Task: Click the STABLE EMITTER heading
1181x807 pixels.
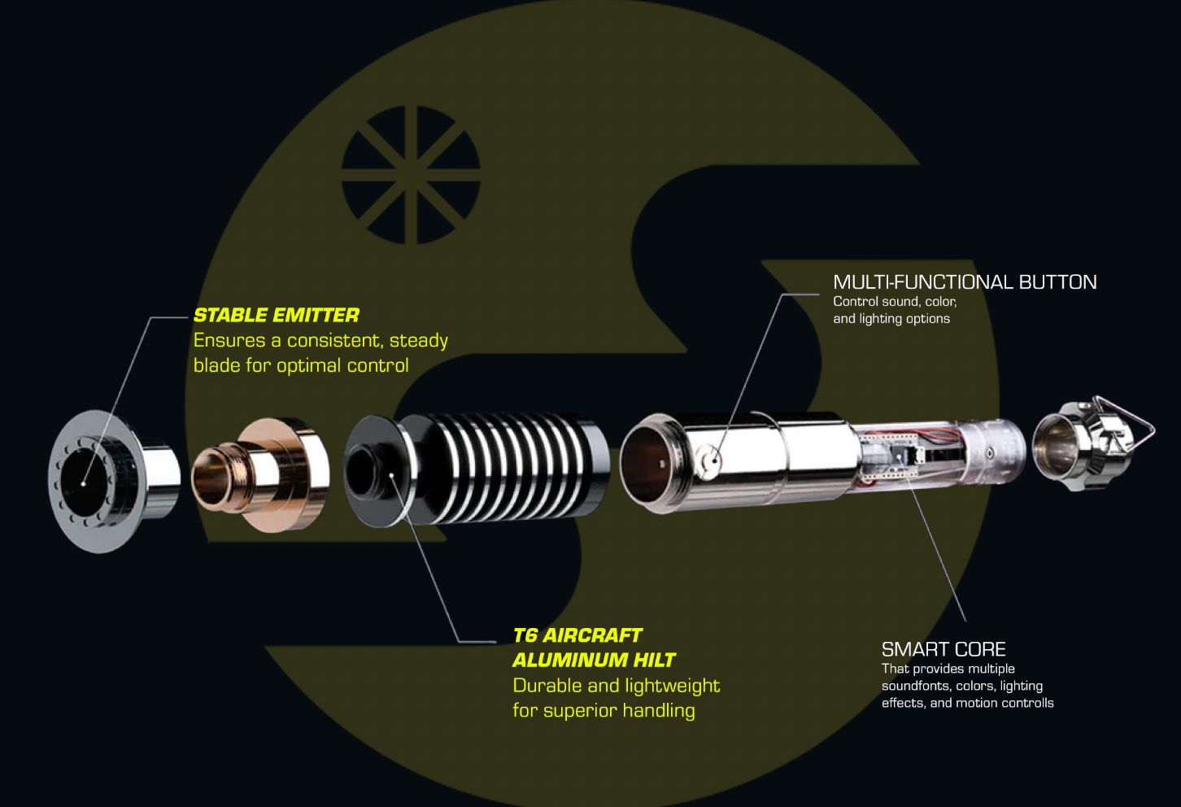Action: click(x=277, y=316)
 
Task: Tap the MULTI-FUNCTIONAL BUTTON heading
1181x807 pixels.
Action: click(x=965, y=282)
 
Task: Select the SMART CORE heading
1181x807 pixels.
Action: click(x=943, y=648)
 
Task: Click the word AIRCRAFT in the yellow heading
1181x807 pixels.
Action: click(x=592, y=635)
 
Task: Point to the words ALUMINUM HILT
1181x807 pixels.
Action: click(x=595, y=660)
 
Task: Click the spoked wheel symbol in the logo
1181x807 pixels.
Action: click(x=412, y=175)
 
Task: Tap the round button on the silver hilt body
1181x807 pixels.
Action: click(x=708, y=459)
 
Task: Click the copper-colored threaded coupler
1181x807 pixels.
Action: click(x=260, y=474)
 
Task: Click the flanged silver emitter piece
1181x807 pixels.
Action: click(x=114, y=481)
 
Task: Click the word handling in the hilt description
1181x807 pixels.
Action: click(x=659, y=710)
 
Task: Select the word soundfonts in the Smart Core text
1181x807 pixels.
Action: click(x=910, y=686)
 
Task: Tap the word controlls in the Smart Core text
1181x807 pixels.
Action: click(x=1027, y=703)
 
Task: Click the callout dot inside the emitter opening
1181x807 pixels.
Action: click(x=83, y=482)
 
